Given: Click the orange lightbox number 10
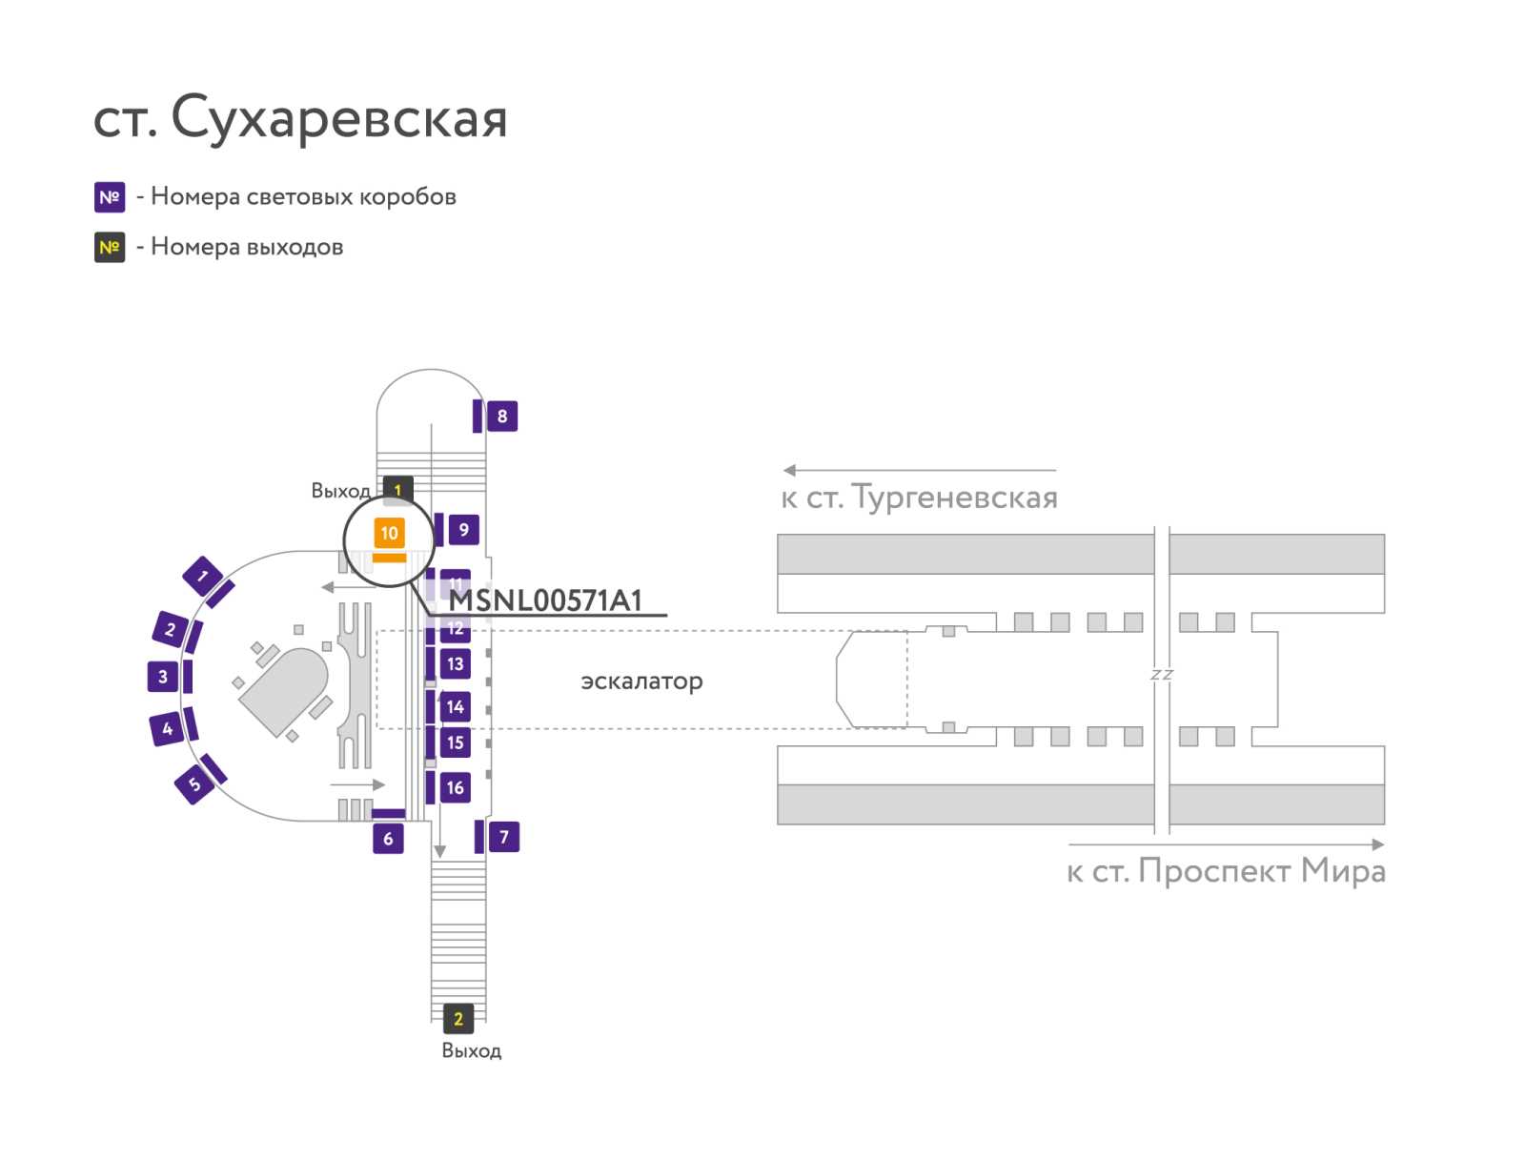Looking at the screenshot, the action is pos(388,533).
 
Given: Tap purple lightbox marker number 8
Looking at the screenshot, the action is pos(501,416).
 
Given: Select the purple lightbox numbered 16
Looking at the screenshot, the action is pos(455,787).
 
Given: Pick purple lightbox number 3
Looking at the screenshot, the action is pos(163,677).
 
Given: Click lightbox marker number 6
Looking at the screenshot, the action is pos(388,838).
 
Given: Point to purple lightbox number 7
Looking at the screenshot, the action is pos(503,837).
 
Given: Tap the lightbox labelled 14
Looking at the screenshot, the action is pos(455,707).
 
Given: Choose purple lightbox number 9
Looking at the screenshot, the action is pos(463,530).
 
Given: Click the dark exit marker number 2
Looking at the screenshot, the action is pos(457,1019).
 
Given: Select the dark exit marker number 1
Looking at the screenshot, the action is pos(398,489).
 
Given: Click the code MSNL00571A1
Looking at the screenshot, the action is pos(545,600).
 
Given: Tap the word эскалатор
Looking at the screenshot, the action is pos(641,681).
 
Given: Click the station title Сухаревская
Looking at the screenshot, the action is pos(339,118).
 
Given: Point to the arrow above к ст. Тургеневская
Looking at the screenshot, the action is pos(919,470).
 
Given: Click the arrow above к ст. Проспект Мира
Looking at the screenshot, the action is pos(1227,844).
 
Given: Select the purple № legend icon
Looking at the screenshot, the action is pos(110,197).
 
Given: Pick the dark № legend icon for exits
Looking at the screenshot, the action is pos(110,247).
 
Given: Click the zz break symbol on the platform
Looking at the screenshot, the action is pos(1162,674).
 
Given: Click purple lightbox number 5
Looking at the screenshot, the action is pos(193,784).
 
